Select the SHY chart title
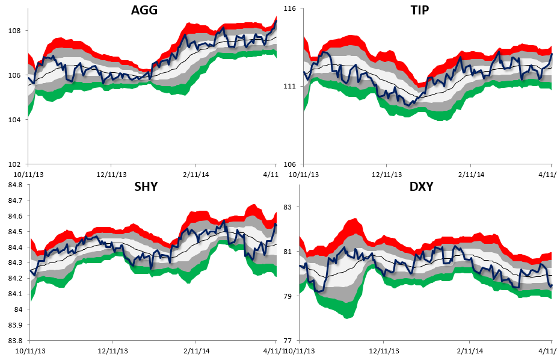[146, 187]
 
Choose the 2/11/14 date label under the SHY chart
[195, 350]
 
